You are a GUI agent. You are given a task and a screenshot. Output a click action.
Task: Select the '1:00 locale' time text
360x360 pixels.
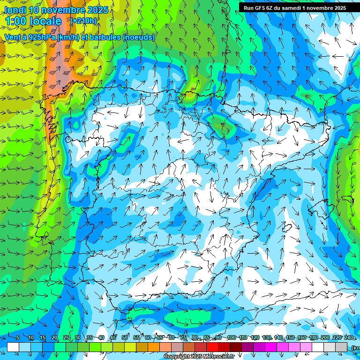click(33, 21)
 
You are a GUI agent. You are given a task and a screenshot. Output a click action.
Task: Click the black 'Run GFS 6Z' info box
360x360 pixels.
click(294, 7)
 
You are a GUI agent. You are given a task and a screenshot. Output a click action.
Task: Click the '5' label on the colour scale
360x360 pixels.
click(18, 337)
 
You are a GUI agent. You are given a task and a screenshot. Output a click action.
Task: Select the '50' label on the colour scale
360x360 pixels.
click(125, 337)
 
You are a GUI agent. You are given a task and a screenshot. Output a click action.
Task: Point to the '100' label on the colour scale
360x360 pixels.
click(231, 337)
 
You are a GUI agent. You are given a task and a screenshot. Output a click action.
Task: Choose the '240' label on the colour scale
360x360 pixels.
click(348, 337)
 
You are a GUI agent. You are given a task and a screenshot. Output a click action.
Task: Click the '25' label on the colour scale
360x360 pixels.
click(66, 337)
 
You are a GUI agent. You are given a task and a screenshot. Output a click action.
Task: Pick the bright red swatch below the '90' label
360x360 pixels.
click(212, 347)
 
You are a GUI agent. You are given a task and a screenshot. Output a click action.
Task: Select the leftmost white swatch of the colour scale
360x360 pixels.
click(13, 347)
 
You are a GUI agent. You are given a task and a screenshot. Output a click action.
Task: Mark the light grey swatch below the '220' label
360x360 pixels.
click(330, 347)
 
